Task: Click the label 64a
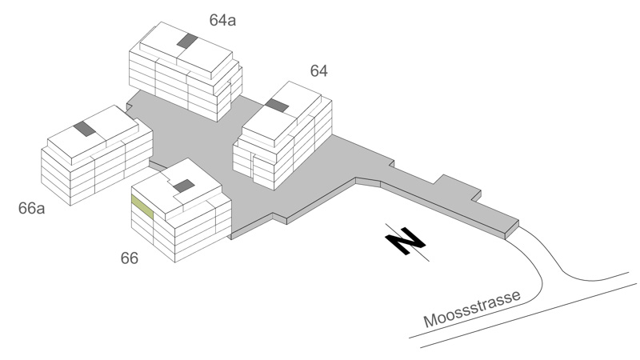[x=222, y=20]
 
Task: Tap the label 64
[x=318, y=71]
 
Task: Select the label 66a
[x=31, y=208]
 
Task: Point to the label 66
[x=130, y=258]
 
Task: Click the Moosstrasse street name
[x=472, y=309]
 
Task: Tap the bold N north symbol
[x=406, y=241]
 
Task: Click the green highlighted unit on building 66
[x=142, y=207]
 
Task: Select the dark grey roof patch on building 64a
[x=187, y=41]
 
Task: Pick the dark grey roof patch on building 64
[x=277, y=106]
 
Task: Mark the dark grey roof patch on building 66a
[x=85, y=129]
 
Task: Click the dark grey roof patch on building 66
[x=184, y=186]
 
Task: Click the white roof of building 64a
[x=186, y=50]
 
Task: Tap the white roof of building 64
[x=282, y=114]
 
